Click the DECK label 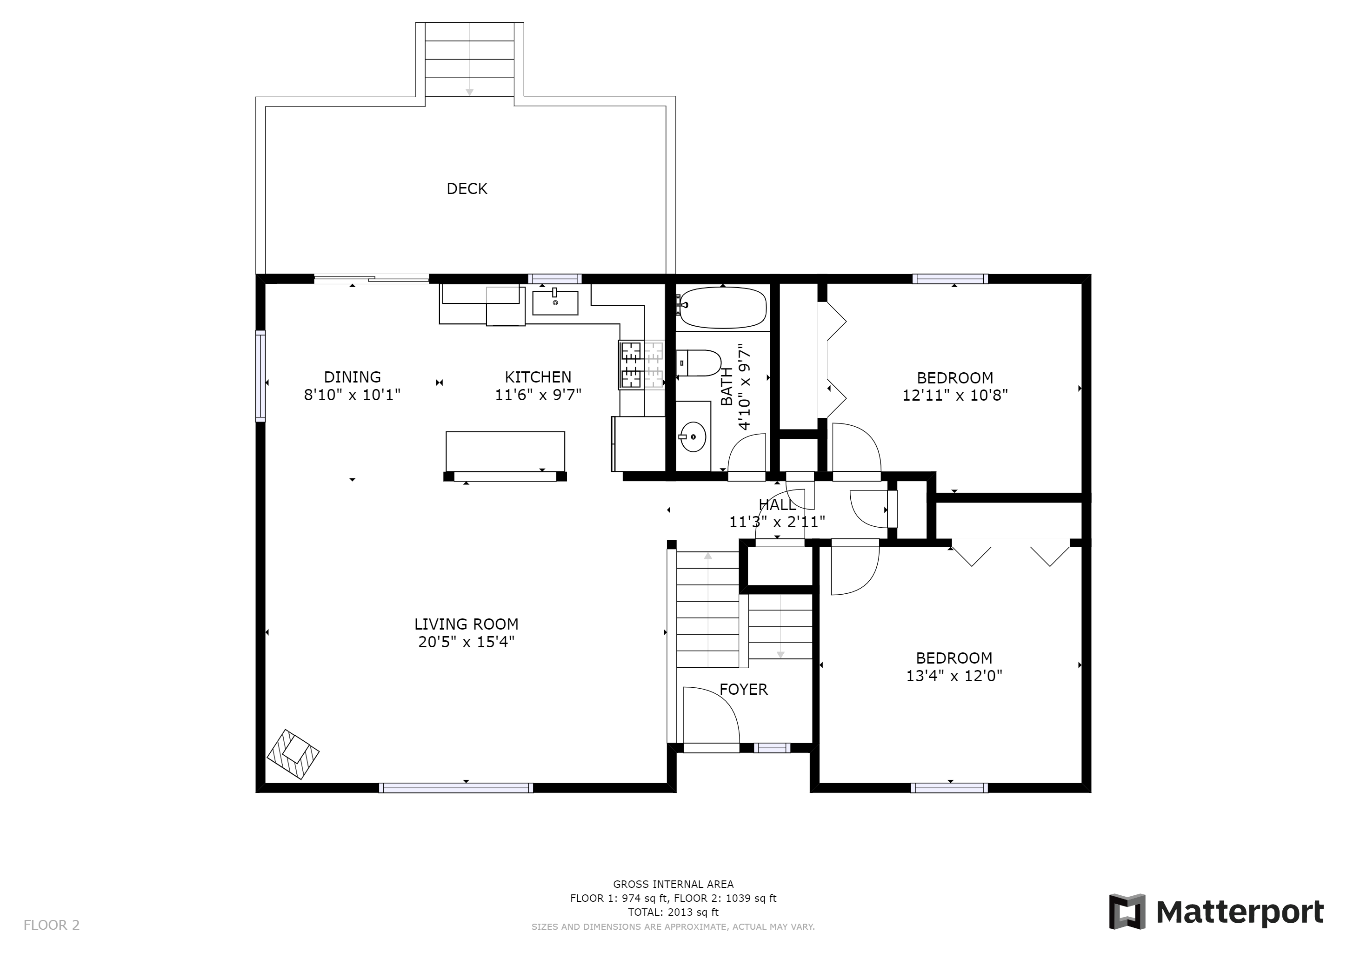[x=467, y=189]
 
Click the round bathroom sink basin [x=693, y=436]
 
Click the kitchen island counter [x=505, y=451]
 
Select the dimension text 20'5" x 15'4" [x=467, y=642]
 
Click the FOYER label [x=743, y=689]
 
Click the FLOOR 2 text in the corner [x=52, y=926]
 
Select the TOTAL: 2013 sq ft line [x=673, y=912]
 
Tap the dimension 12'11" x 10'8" [x=954, y=396]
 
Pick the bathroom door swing [x=747, y=452]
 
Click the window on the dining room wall [x=260, y=376]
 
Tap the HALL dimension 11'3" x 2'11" [x=777, y=522]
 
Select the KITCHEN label [x=538, y=377]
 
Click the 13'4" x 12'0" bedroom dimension [x=954, y=676]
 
